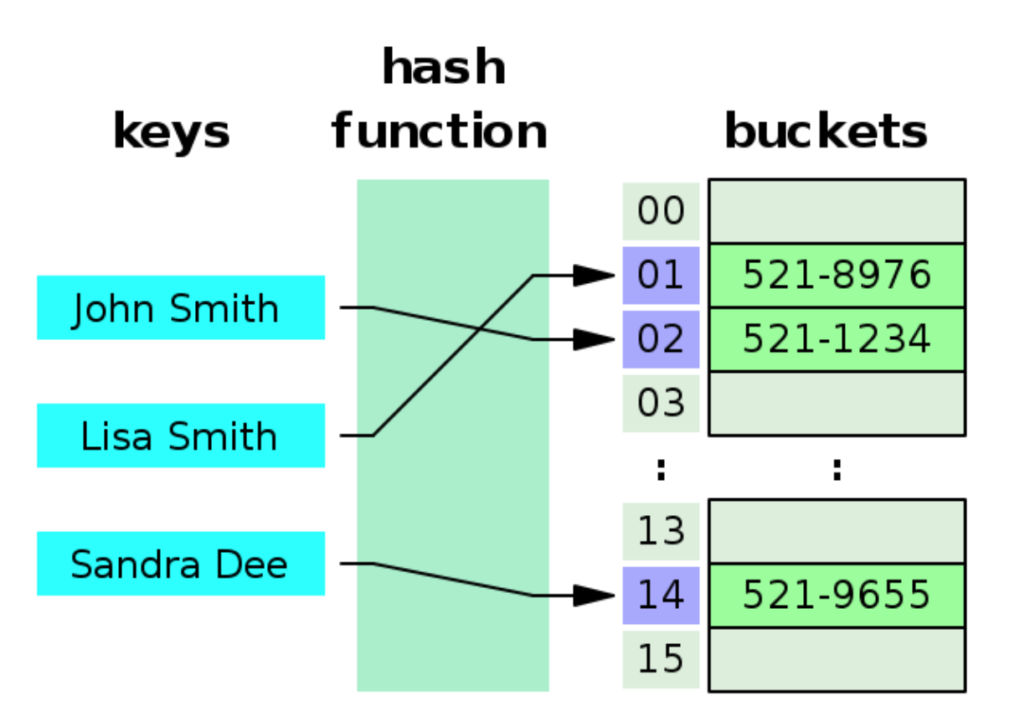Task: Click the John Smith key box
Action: coord(180,307)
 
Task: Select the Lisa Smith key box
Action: coord(180,436)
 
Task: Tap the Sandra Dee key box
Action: coord(180,564)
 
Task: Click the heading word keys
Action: coord(171,132)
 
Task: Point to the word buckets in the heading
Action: coord(826,132)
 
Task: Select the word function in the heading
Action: coord(440,132)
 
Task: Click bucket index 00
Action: coord(661,211)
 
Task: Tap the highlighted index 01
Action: coord(661,275)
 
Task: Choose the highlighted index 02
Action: coord(661,339)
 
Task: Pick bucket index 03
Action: coord(661,403)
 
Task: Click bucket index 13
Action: coord(661,531)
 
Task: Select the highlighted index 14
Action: coord(661,595)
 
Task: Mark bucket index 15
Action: coord(661,659)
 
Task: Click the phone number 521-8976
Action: coord(837,275)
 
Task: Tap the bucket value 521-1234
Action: coord(837,339)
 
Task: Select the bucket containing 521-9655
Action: coord(837,595)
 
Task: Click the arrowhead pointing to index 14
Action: coord(595,596)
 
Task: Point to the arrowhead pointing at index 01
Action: coord(595,275)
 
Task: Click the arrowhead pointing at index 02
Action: coord(595,339)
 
